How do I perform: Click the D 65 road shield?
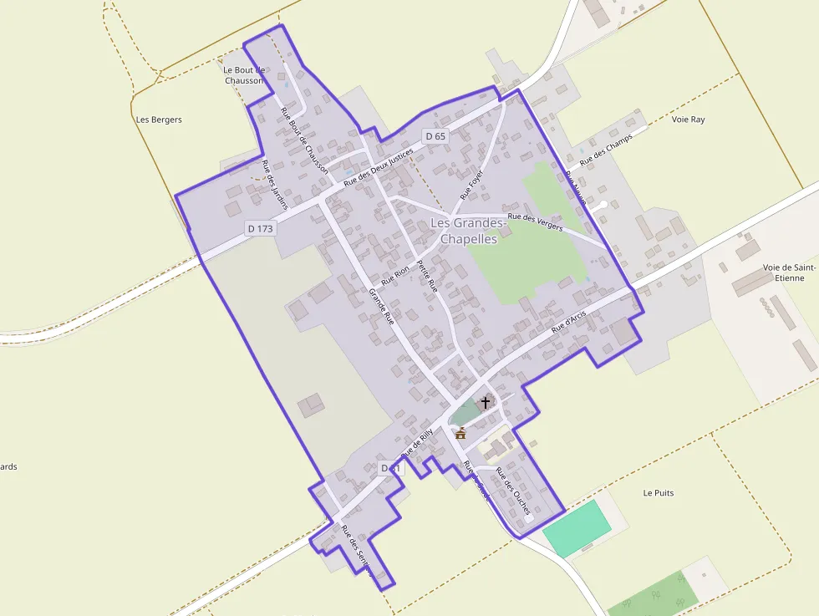click(x=435, y=136)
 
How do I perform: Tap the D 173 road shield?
click(x=260, y=228)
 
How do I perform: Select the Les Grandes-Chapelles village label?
click(x=468, y=231)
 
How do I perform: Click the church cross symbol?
click(x=486, y=403)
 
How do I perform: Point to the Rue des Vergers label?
click(x=536, y=222)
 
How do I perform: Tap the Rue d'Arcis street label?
click(x=569, y=320)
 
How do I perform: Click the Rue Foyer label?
click(x=472, y=184)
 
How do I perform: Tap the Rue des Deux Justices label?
click(x=379, y=165)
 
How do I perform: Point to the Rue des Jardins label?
click(x=274, y=184)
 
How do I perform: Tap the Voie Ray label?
click(x=688, y=120)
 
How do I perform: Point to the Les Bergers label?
click(x=159, y=120)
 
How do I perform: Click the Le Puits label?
click(x=659, y=493)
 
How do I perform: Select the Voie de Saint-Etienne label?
click(x=788, y=272)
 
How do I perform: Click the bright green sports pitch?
click(x=577, y=528)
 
